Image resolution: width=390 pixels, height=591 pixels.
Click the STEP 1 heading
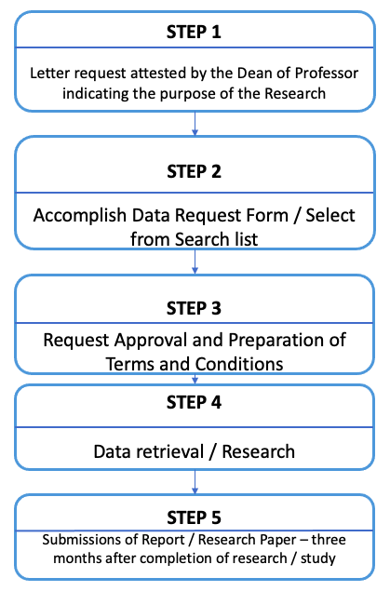coord(194,32)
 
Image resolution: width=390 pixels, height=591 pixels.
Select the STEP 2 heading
coord(194,171)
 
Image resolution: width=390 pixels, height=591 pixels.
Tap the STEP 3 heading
coord(194,308)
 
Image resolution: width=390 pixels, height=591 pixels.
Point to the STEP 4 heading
coord(194,402)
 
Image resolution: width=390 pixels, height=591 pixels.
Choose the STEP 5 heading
coord(194,517)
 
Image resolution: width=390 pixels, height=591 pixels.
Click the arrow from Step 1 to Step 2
coord(195,124)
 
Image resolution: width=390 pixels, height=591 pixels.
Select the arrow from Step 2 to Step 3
coord(195,262)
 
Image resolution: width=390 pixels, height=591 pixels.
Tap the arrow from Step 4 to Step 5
coord(195,482)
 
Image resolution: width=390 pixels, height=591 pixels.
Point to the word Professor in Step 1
coord(327,74)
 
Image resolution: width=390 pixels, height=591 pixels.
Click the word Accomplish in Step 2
coord(80,216)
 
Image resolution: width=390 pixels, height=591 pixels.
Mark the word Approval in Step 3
coord(151,341)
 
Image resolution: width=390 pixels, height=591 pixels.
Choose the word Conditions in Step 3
coord(239,364)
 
